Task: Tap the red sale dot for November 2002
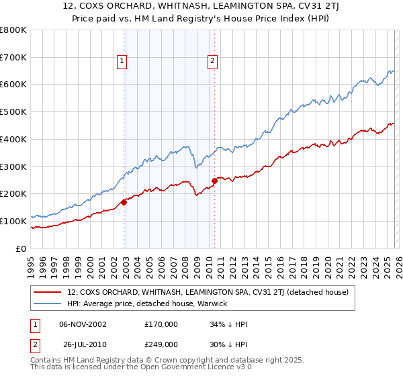124,201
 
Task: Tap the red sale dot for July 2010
214,180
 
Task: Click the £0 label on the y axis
21,248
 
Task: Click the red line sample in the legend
48,292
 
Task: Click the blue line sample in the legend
48,303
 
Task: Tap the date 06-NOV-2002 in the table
82,324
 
